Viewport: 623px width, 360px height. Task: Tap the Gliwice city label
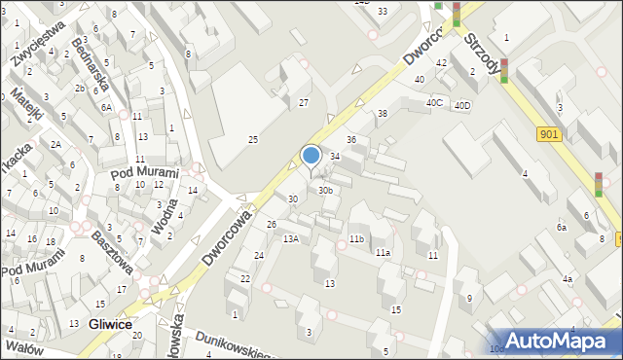coord(110,324)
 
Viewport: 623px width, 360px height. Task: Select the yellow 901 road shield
coord(547,136)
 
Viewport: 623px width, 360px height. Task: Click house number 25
coord(253,140)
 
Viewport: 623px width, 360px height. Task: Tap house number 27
coord(304,102)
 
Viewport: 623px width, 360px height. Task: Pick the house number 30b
coord(326,191)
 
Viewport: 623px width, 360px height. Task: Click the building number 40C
coord(433,102)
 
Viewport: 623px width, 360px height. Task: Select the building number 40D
coord(462,105)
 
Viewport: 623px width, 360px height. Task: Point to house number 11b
coord(356,238)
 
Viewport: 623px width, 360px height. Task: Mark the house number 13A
coord(290,238)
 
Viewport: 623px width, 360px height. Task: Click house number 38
coord(383,114)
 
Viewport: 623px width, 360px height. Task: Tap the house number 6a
coord(562,227)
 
